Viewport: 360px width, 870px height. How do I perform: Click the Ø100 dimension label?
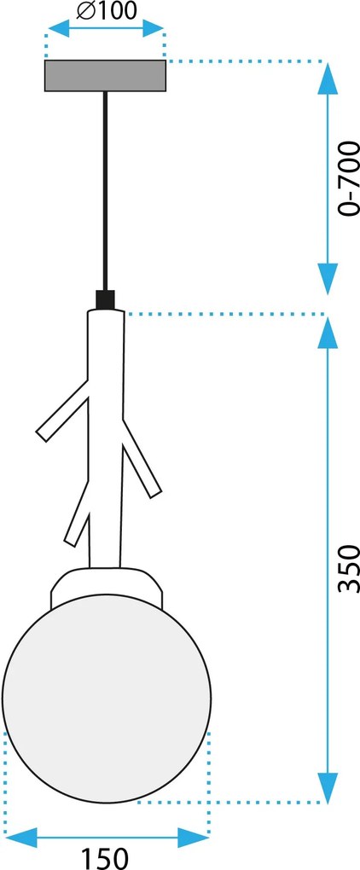(106, 10)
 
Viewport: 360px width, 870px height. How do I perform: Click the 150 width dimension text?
(106, 858)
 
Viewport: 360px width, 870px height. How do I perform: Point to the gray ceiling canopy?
(106, 75)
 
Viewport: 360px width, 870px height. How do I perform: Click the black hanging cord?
(105, 191)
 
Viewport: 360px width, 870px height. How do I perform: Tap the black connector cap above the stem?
(105, 299)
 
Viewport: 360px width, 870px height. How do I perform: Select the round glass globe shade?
(107, 699)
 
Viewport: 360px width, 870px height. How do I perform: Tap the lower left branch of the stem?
(78, 513)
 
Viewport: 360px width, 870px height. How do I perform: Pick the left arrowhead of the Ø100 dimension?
(59, 28)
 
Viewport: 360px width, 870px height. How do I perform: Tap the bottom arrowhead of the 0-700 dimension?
(328, 280)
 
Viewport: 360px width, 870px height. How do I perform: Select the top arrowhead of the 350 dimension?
(328, 333)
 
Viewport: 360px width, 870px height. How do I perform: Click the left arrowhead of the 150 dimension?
(20, 838)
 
